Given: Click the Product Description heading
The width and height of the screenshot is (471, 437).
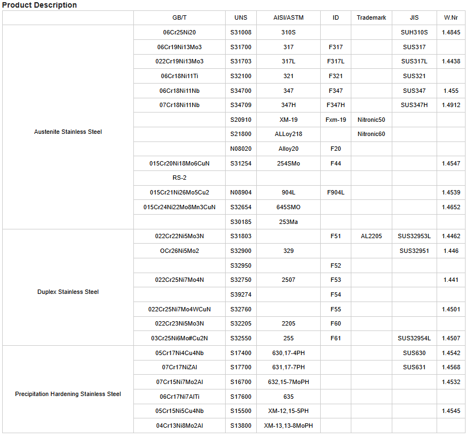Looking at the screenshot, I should click(x=39, y=5).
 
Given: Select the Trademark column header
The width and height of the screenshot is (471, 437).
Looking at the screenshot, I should click(x=371, y=18).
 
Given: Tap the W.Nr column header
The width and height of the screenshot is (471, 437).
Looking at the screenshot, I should click(x=451, y=18).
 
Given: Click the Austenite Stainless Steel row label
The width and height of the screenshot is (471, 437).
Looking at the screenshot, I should click(x=68, y=132).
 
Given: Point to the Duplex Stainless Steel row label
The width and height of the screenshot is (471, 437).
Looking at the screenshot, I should click(x=68, y=292).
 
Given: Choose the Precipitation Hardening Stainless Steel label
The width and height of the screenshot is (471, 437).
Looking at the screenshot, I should click(x=68, y=394).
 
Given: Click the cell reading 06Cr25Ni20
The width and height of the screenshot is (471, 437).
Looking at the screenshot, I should click(x=179, y=33).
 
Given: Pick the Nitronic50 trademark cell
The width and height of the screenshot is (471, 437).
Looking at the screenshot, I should click(x=371, y=120).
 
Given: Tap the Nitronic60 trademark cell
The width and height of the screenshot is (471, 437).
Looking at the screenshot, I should click(x=371, y=134).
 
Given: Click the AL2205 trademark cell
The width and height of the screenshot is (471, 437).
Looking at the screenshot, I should click(x=371, y=237).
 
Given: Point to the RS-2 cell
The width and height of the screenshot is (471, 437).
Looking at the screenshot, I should click(x=179, y=178).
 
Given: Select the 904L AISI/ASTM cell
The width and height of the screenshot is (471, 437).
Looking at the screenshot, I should click(x=288, y=193).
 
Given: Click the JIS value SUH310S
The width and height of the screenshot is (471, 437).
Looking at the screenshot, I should click(x=414, y=33).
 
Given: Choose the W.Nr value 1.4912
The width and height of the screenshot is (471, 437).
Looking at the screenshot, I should click(x=451, y=105).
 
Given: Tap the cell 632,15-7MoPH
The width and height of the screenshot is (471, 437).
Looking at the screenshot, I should click(x=288, y=382).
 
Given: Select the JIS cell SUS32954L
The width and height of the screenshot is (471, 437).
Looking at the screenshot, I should click(x=414, y=339).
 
